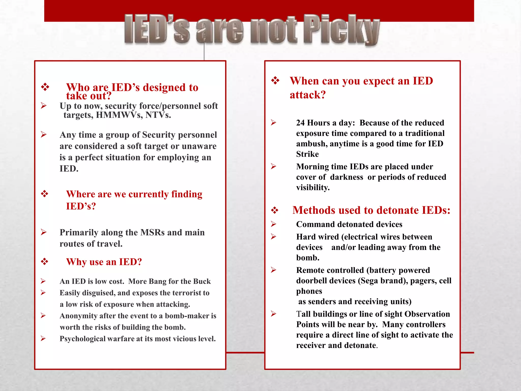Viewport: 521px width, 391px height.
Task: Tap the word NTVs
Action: [158, 115]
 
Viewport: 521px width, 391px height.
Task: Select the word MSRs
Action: [152, 232]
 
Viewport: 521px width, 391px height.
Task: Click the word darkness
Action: [346, 177]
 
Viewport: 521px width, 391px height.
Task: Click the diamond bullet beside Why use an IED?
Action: [45, 261]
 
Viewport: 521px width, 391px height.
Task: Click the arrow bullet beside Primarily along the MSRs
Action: [44, 232]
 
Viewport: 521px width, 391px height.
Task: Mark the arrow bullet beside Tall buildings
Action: [273, 314]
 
